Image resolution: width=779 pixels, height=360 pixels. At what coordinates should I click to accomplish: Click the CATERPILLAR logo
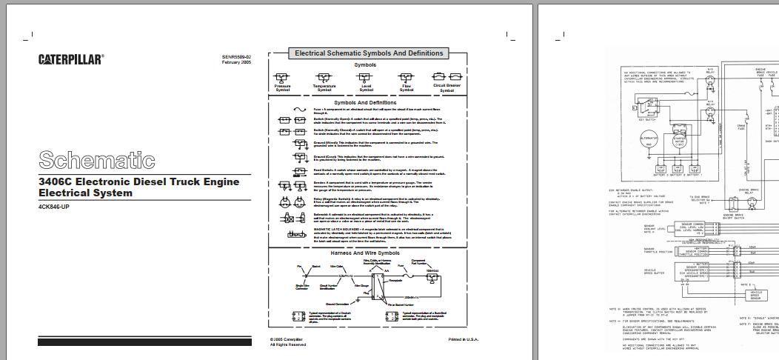click(x=71, y=59)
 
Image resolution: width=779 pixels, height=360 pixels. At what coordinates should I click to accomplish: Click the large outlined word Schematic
click(x=96, y=160)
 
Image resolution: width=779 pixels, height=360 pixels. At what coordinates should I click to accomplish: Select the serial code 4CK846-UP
click(x=54, y=207)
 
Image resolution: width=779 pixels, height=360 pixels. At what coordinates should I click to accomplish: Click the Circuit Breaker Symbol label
click(x=447, y=88)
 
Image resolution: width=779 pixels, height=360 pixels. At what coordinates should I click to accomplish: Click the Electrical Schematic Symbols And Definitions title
click(x=369, y=53)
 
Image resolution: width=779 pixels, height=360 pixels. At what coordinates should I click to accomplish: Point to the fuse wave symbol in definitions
click(x=301, y=110)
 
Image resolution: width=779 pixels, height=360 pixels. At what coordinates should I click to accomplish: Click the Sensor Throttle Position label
click(x=655, y=252)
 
